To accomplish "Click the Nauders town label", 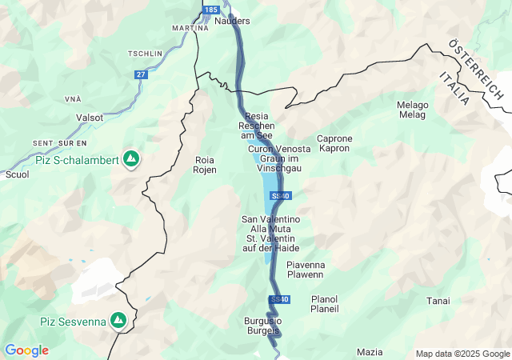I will coord(233,21).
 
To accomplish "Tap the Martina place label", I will coord(190,28).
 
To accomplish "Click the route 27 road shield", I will coord(141,74).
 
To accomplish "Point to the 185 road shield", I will coord(210,9).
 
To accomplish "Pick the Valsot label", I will coord(89,117).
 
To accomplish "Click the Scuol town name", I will coord(17,174).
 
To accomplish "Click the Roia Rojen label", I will coord(206,165).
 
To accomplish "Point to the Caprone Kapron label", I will coord(334,143).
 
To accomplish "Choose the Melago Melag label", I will coord(413,110).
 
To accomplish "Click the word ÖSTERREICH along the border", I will coord(476,69).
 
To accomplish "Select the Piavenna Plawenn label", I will coord(305,270).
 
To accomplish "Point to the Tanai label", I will coord(438,301).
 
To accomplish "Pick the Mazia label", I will coord(370,352).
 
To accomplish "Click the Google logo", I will coord(26,350).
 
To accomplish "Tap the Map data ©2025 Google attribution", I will coord(462,354).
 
